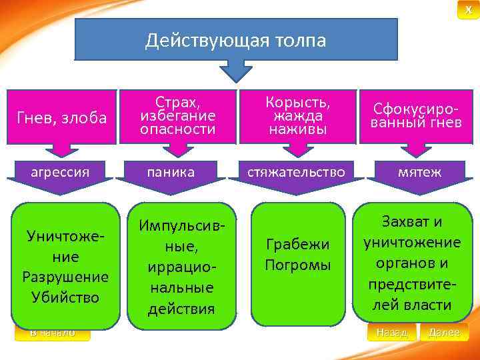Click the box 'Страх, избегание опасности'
(177, 117)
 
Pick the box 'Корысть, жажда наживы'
(297, 116)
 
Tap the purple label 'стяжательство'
(297, 172)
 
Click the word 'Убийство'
(65, 297)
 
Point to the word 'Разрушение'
(65, 277)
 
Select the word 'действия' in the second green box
(182, 309)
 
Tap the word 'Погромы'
(297, 265)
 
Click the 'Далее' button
(444, 332)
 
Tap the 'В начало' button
(53, 332)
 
